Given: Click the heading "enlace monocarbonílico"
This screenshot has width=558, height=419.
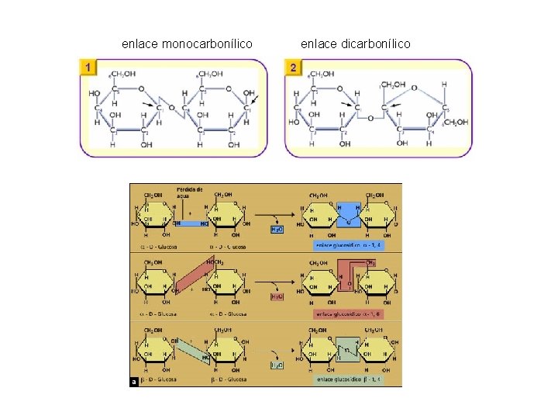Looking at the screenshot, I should click(187, 44).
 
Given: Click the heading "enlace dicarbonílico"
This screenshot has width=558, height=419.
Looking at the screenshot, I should click(356, 44).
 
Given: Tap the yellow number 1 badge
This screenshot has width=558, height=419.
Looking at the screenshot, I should click(91, 68).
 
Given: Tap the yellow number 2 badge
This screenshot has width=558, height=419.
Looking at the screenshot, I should click(293, 68).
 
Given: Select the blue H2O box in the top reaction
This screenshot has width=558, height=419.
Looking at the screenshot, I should click(277, 230).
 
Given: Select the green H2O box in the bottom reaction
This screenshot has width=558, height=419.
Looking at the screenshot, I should click(277, 365).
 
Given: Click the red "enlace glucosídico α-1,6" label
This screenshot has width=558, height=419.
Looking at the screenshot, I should click(350, 314).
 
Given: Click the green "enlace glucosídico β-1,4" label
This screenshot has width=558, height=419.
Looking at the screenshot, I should click(350, 380).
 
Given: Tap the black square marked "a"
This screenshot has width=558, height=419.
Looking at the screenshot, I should click(135, 381).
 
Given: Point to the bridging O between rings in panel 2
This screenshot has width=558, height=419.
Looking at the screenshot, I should click(371, 118).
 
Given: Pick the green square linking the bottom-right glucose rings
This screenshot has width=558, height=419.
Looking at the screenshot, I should click(348, 349).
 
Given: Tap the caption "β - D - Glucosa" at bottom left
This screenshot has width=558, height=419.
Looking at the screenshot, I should click(160, 379).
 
